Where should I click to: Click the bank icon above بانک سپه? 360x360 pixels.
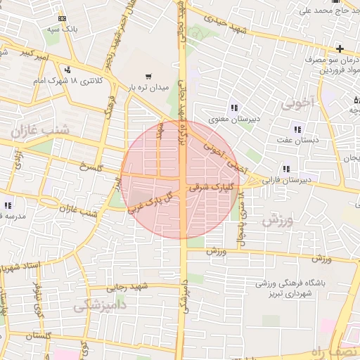63,18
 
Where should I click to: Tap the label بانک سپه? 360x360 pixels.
63,30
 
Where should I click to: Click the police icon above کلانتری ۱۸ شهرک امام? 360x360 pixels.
67,70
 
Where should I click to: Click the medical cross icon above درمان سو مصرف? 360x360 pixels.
340,49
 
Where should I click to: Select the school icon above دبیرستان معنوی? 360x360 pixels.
233,108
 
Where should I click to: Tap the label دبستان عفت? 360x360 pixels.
298,141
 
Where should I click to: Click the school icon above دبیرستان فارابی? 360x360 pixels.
285,169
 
